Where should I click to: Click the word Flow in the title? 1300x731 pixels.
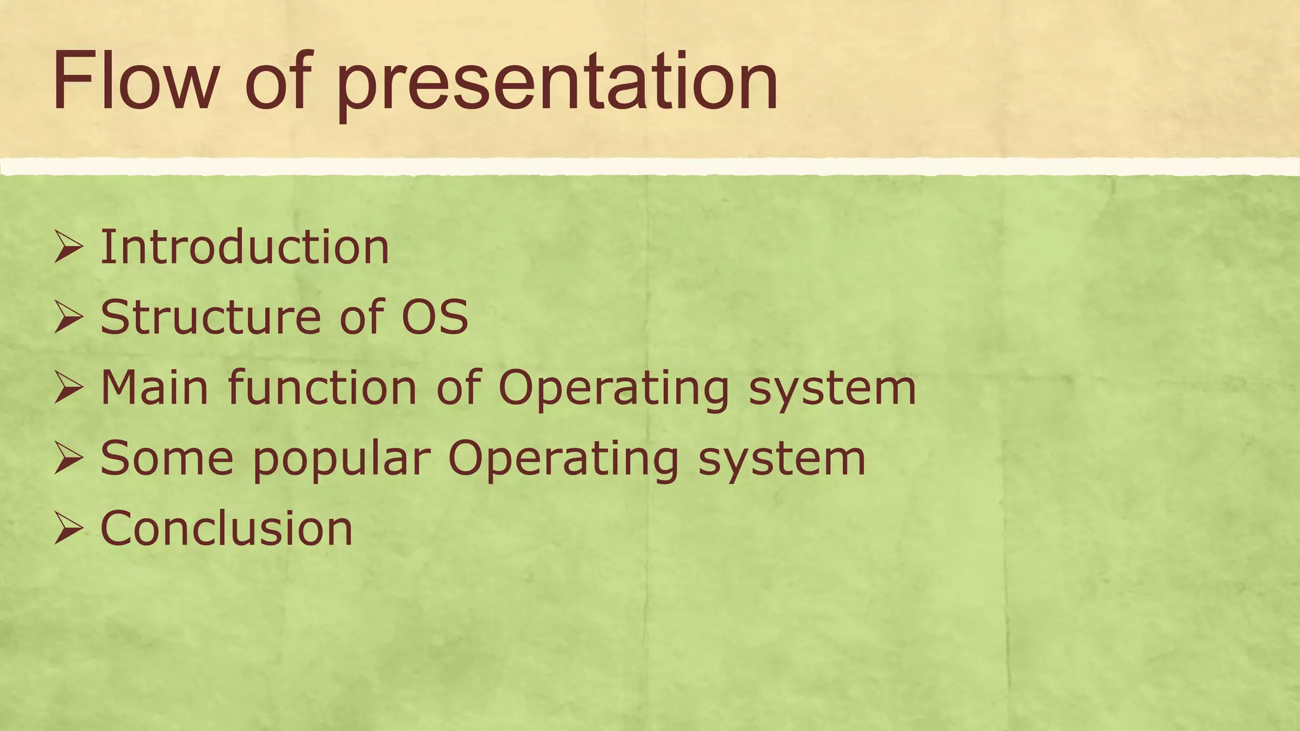click(x=135, y=82)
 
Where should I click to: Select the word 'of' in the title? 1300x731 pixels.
click(x=277, y=82)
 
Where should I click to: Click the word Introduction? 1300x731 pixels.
click(x=244, y=247)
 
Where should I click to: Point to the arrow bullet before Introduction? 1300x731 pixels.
click(x=69, y=247)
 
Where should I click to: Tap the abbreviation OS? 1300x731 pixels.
click(x=435, y=317)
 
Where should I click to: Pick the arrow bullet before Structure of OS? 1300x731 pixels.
click(x=69, y=317)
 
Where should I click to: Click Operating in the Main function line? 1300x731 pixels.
click(x=613, y=388)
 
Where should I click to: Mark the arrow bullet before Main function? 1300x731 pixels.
click(x=69, y=388)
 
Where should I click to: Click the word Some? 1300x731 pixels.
click(x=167, y=458)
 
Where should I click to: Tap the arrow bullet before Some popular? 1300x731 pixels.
click(x=69, y=459)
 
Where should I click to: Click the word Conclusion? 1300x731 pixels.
click(x=226, y=529)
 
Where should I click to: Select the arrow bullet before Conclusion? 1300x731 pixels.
click(x=69, y=529)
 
